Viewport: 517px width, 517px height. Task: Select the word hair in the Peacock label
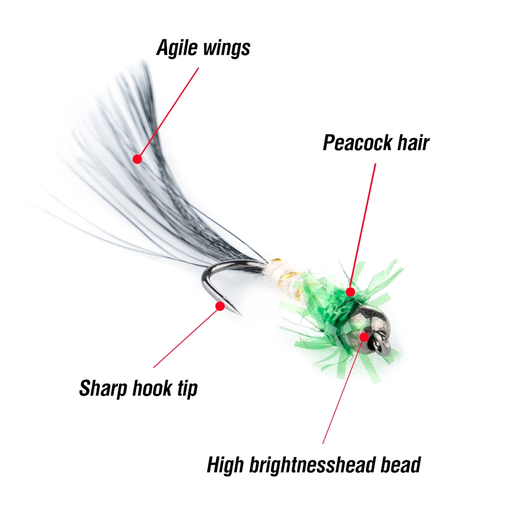412,143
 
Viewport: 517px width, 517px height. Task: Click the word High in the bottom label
226,465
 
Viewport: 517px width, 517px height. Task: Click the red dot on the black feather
137,159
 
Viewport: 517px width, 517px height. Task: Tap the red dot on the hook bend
220,306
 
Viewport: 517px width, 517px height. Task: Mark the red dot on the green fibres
351,292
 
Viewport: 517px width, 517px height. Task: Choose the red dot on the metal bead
364,337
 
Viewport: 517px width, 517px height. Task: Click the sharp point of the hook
240,314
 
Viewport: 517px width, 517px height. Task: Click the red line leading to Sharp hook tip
186,337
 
